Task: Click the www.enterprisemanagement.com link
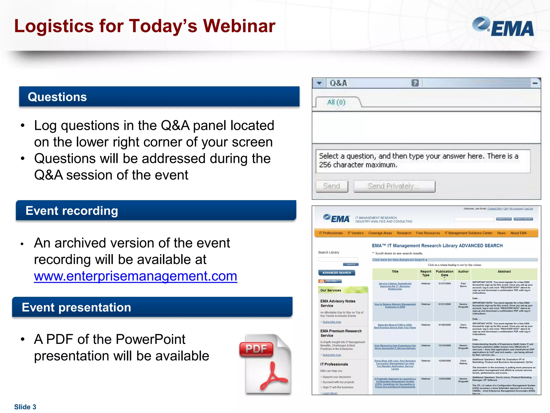coord(135,276)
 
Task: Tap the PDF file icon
coord(265,364)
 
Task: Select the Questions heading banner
coord(159,97)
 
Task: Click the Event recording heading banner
coord(156,211)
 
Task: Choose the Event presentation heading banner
coord(152,307)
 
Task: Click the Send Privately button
coord(394,186)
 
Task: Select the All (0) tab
coord(336,102)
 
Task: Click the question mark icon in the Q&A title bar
coord(415,83)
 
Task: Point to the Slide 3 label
coord(25,407)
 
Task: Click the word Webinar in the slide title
coord(239,26)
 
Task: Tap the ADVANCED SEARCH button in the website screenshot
coord(336,273)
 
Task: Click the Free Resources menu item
coord(428,233)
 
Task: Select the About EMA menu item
coord(518,233)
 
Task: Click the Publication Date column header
coord(444,273)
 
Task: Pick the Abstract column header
coord(504,272)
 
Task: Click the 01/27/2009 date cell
coord(444,283)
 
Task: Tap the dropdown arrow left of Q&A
coord(319,83)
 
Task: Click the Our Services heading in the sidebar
coord(331,290)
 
